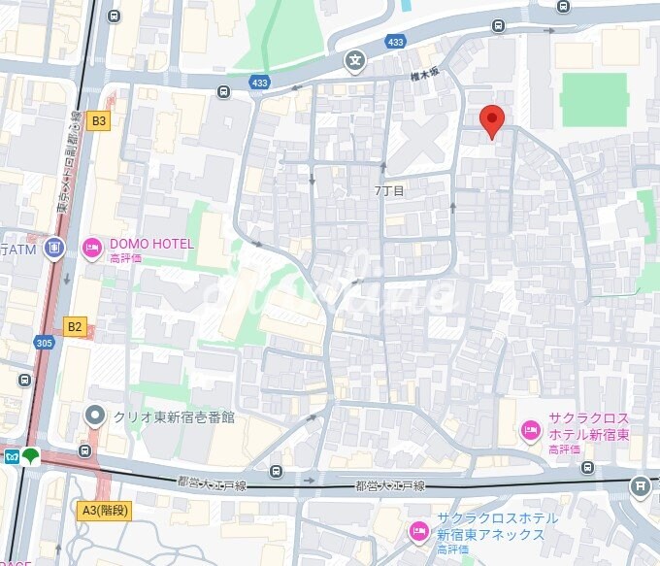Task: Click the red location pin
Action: coord(493,120)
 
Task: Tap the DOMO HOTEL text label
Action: coord(150,244)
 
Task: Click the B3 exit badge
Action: coord(98,121)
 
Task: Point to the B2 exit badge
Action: coord(75,326)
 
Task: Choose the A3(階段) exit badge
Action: coord(104,510)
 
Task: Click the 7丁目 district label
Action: coord(388,191)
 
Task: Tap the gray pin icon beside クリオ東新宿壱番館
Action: coord(94,417)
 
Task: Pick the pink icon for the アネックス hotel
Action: coord(418,529)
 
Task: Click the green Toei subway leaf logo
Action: coord(31,454)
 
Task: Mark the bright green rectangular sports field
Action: coord(594,99)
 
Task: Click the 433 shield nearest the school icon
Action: coord(395,42)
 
